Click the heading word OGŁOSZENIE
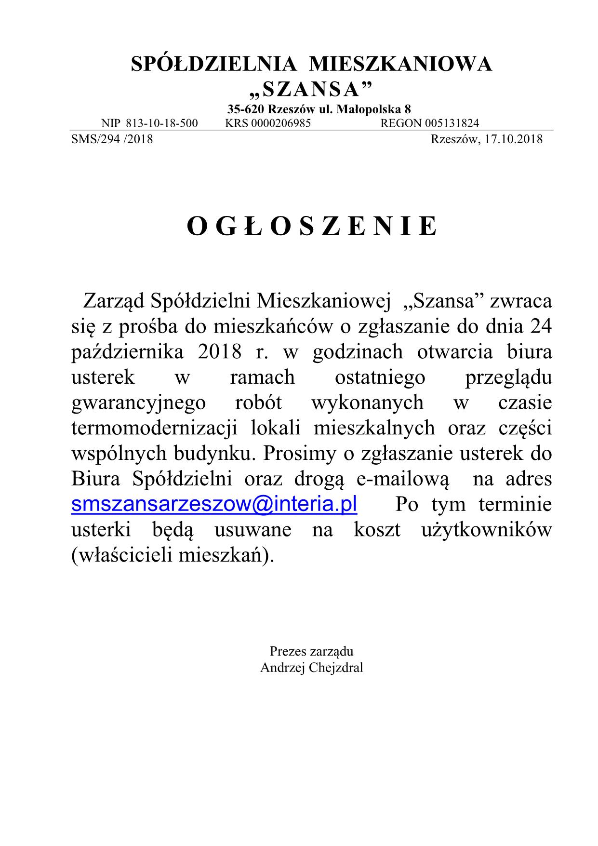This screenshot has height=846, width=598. coord(312,226)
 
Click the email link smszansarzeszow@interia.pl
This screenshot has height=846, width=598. coord(214,504)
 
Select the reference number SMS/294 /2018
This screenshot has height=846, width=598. coord(112,139)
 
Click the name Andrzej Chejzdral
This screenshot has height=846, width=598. coord(311,668)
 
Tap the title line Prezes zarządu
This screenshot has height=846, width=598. coord(311,652)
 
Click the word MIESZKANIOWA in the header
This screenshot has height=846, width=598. coord(400,65)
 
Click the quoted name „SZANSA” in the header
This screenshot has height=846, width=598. coord(312,89)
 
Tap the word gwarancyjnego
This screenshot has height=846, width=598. coord(138,403)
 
